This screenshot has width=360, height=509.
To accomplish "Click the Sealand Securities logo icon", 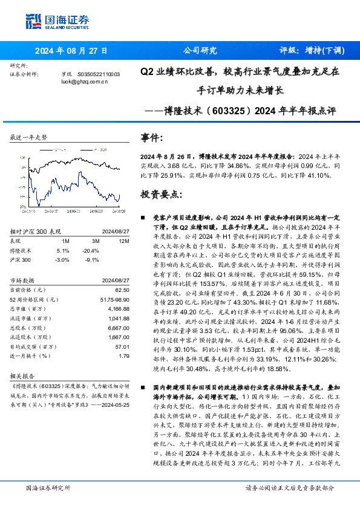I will tap(33, 21).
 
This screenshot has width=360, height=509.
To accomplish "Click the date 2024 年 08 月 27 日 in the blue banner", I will tap(71, 51).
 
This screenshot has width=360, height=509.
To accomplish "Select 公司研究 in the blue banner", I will tap(199, 51).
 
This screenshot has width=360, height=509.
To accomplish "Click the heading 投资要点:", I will tap(160, 194).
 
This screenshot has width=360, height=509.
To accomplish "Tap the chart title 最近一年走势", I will tap(28, 138).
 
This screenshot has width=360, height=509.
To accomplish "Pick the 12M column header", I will tap(123, 241).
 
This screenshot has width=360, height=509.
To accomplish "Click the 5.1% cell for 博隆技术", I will tap(63, 249).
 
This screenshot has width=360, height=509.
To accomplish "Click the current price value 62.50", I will tap(123, 290).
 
